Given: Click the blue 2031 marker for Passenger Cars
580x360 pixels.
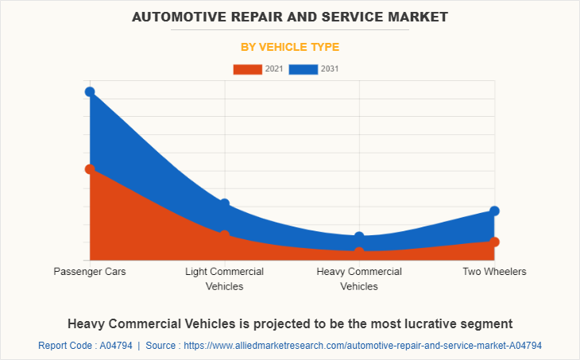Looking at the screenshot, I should coord(90,92).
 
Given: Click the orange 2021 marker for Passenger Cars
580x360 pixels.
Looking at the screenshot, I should coord(90,169).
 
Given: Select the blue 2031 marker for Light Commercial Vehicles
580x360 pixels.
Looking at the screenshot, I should coord(225,204).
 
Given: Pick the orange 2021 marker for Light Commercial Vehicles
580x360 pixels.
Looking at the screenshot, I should coord(225,234).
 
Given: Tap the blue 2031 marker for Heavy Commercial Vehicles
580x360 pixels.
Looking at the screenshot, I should coord(359,237).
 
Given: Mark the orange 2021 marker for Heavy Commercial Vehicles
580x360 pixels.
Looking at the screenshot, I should coord(359,252).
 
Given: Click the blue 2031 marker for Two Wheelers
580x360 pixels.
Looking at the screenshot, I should coord(494,211).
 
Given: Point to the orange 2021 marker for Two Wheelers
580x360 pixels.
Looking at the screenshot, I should coord(494,242).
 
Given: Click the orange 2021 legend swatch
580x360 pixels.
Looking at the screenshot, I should coord(247,69).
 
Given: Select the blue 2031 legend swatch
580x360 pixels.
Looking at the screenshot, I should coord(304,69).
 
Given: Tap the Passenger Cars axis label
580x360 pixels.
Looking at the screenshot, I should coord(90,272).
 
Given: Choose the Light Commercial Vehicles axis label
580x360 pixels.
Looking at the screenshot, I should coord(225,279).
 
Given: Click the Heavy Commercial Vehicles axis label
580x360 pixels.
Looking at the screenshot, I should coord(359,279).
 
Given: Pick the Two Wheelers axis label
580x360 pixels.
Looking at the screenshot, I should coord(494,272).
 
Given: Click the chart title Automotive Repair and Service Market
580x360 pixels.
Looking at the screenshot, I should coord(290,16).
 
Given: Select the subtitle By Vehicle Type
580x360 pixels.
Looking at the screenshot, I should coord(290,47).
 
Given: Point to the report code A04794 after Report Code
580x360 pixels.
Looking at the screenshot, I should coord(115,346).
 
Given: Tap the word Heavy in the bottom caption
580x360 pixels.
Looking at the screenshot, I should coord(87,323).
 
